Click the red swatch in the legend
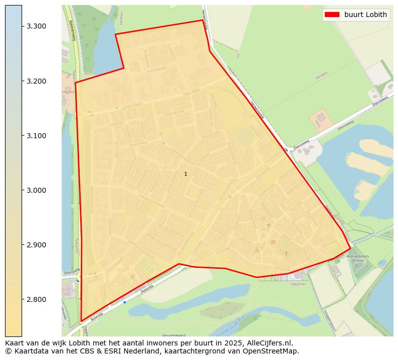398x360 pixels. pyautogui.click(x=332, y=15)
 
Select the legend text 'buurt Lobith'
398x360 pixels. pyautogui.click(x=365, y=15)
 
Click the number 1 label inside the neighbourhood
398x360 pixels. pyautogui.click(x=185, y=174)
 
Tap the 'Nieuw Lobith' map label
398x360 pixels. pyautogui.click(x=159, y=166)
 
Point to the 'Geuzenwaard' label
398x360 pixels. pyautogui.click(x=174, y=335)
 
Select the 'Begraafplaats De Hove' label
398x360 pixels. pyautogui.click(x=360, y=258)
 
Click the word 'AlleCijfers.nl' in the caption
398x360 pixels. pyautogui.click(x=270, y=343)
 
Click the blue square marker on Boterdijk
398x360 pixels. pyautogui.click(x=124, y=302)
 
